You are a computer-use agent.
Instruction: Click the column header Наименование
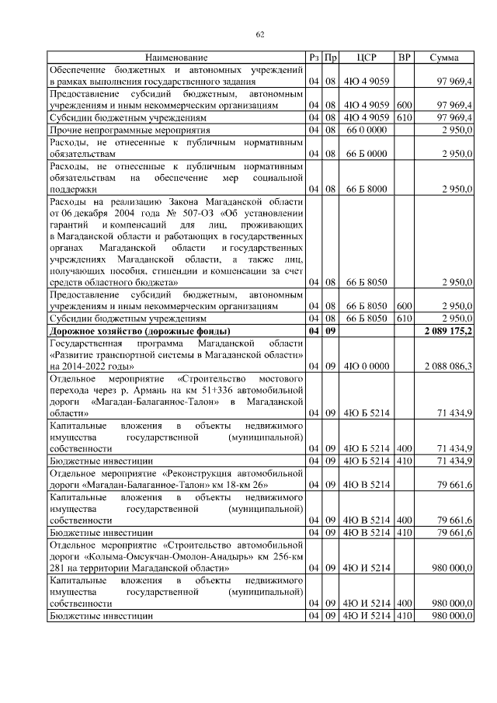point(176,57)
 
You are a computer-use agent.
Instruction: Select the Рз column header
point(314,57)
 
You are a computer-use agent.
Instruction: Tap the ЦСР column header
point(366,57)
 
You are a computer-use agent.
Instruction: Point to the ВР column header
point(404,57)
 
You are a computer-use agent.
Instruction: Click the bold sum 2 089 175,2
point(448,331)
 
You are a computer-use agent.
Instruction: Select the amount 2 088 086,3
point(449,365)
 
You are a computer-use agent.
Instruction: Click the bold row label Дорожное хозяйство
point(129,331)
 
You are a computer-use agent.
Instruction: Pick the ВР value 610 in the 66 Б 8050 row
point(404,318)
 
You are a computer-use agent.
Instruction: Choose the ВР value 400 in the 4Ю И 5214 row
point(404,603)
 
